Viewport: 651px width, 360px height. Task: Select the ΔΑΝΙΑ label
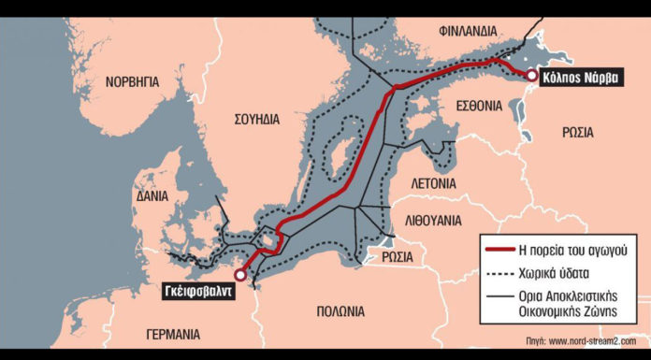(x=151, y=196)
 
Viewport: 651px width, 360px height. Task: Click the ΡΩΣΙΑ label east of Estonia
(x=577, y=133)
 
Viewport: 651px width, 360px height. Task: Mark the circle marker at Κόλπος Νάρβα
(x=531, y=76)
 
